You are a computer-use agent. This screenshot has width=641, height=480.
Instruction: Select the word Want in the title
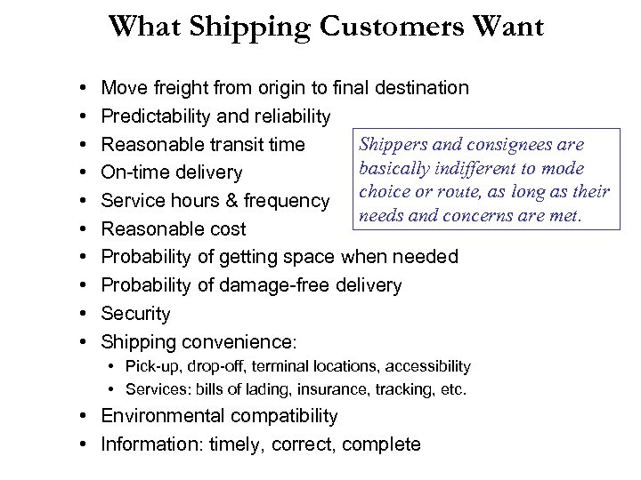tap(509, 27)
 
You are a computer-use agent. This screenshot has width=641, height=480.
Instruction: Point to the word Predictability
tap(158, 116)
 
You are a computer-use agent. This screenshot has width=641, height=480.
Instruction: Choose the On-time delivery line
tap(172, 172)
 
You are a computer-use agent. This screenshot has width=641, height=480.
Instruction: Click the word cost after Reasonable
tap(228, 228)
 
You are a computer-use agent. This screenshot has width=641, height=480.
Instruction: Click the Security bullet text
tap(135, 314)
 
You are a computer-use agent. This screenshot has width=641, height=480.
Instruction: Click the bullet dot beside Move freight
tap(80, 88)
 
